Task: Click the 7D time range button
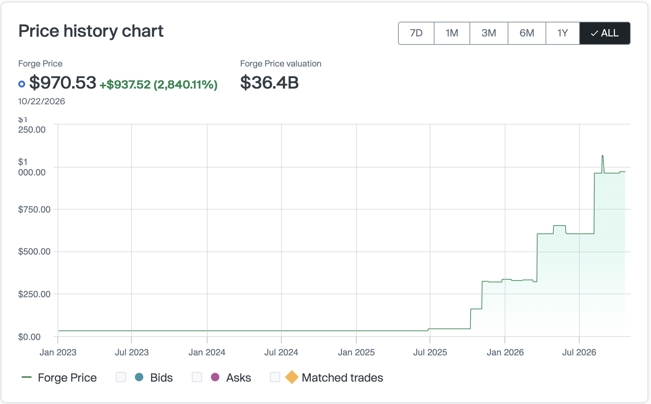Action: coord(416,33)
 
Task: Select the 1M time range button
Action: coord(452,33)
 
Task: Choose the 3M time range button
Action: coord(489,33)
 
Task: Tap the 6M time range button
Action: coord(527,33)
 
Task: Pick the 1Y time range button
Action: coord(563,33)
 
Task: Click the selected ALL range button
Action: coord(605,33)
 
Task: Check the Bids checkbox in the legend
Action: coord(121,377)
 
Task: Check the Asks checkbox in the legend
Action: coord(197,377)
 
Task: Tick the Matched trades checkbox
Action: coord(275,377)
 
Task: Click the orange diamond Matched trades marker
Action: coord(292,377)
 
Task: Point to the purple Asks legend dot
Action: coord(215,377)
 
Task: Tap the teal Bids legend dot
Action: coord(139,377)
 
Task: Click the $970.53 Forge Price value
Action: coord(63,83)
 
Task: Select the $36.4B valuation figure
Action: coord(269,83)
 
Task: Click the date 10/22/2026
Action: coord(42,102)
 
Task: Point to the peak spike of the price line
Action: coord(603,155)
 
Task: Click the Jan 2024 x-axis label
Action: coord(207,352)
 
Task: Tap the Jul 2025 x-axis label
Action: coord(430,352)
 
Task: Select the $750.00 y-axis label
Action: coord(34,209)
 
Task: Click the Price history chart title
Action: coord(91,31)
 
